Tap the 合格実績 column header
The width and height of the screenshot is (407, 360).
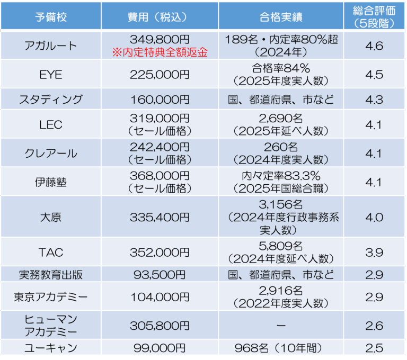281,16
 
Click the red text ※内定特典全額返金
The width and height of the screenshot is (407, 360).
159,52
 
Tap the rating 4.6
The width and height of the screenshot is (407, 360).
374,46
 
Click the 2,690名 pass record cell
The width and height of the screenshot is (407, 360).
281,119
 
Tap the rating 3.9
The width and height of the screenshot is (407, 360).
374,252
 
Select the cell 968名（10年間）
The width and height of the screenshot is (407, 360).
281,348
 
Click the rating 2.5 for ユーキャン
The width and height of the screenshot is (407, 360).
374,348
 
